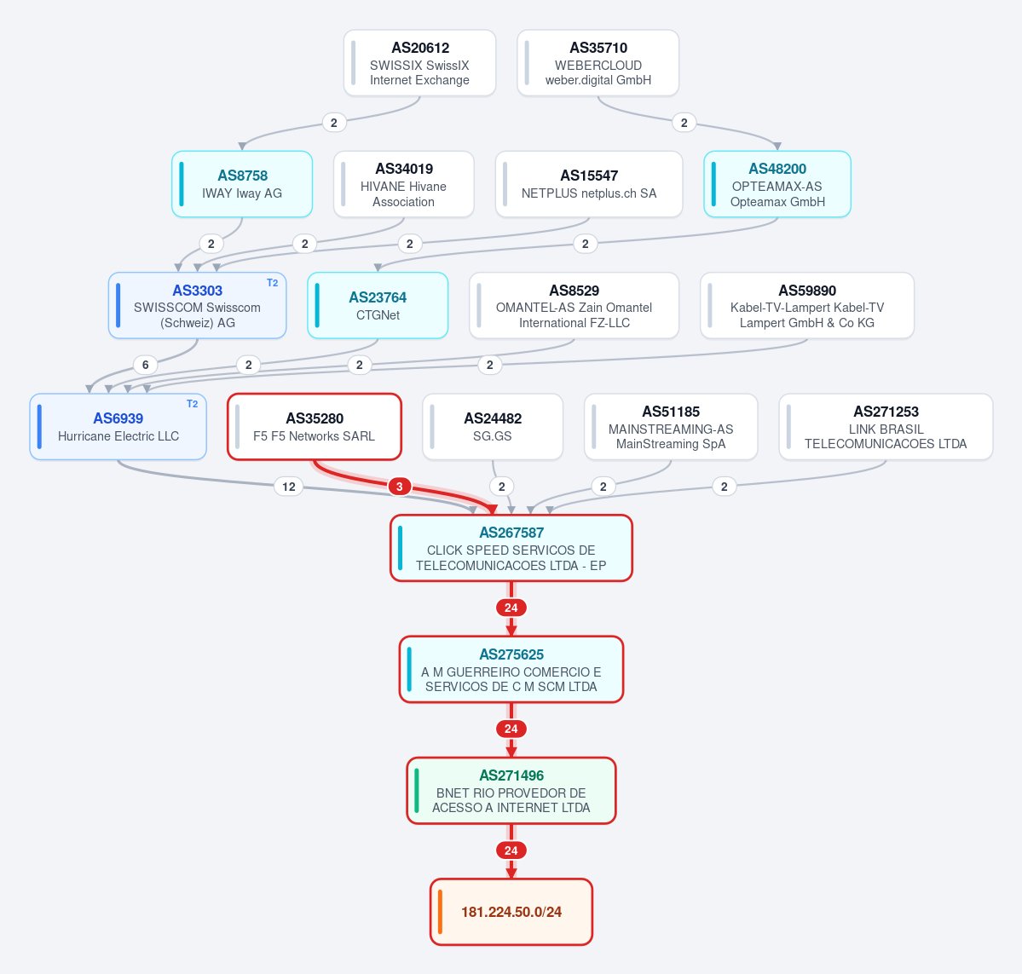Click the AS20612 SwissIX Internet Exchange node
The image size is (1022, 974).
pos(419,63)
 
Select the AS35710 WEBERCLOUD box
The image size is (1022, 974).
pos(598,63)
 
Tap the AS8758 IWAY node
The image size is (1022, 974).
pos(242,184)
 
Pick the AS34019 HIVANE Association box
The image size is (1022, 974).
pos(403,184)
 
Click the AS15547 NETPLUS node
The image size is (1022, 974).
pos(588,184)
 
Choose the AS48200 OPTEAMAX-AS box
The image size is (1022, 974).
pos(777,184)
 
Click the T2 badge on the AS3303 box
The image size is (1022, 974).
pos(273,283)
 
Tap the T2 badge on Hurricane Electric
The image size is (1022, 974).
pos(193,404)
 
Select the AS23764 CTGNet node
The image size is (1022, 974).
pos(378,306)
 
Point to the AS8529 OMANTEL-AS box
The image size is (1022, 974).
pos(574,306)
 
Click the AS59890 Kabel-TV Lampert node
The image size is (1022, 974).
pos(807,306)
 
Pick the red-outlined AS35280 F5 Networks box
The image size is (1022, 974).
pos(315,427)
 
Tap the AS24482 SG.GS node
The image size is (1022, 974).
pos(492,427)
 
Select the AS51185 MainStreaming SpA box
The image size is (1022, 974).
pos(671,427)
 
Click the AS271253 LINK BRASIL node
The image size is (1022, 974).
pos(886,427)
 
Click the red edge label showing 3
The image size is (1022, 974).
pos(400,487)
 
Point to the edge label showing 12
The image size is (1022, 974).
pos(289,487)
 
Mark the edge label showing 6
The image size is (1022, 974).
pos(146,365)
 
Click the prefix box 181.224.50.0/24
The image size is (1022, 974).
pos(511,912)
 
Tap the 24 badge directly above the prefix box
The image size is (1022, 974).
pos(511,850)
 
